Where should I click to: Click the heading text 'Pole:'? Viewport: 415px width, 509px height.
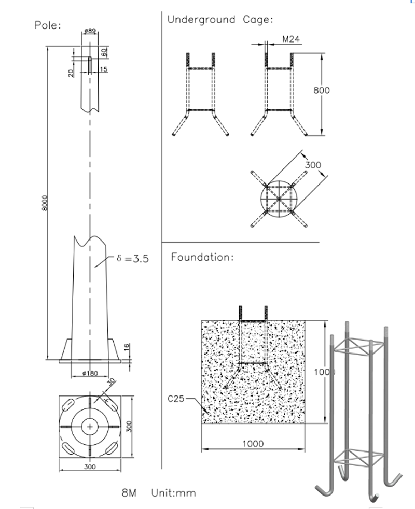coord(47,25)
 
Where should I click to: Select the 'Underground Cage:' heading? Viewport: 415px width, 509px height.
coord(220,20)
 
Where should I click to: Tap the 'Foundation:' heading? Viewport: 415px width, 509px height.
coord(202,257)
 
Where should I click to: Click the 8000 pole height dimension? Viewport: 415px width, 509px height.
coord(45,203)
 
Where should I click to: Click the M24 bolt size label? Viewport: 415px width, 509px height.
coord(291,39)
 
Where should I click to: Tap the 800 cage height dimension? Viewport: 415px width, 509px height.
coord(322,90)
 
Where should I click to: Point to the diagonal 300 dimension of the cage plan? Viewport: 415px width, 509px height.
coord(313,165)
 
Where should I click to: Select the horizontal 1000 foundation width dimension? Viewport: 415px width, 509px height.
coord(253,444)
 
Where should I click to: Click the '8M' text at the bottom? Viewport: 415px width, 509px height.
coord(129,493)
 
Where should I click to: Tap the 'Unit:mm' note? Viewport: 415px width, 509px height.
coord(174,493)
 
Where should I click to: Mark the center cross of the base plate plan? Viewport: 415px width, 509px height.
coord(91,427)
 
